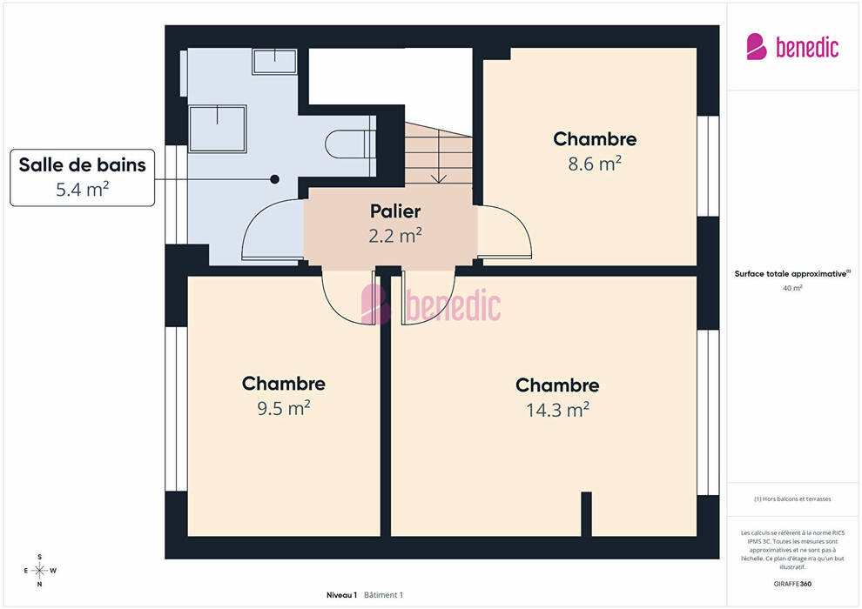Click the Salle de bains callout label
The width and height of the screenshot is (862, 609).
tap(83, 177)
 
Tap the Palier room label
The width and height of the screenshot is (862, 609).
tap(395, 211)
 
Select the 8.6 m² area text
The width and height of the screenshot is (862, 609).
tap(595, 164)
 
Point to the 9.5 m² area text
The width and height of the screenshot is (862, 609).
tap(284, 408)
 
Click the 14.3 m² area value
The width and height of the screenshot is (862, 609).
tap(557, 410)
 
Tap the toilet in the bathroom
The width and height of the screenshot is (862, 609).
tap(350, 144)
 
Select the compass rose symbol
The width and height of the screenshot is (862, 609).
tap(39, 571)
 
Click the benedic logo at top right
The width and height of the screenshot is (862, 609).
tap(792, 47)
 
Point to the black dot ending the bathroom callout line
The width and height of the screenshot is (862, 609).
tap(275, 179)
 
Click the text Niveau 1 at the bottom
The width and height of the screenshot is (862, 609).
tap(341, 595)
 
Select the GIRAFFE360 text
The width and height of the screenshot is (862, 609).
tap(792, 584)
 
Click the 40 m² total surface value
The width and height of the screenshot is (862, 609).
tap(792, 288)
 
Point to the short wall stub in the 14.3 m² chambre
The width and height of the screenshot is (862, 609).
tap(587, 514)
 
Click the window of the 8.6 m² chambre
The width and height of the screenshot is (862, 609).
tap(708, 166)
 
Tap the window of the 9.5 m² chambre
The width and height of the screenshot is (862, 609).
tap(177, 409)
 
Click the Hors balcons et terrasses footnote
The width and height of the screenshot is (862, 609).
tap(792, 499)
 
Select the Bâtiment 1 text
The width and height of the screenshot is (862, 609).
tap(384, 595)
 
